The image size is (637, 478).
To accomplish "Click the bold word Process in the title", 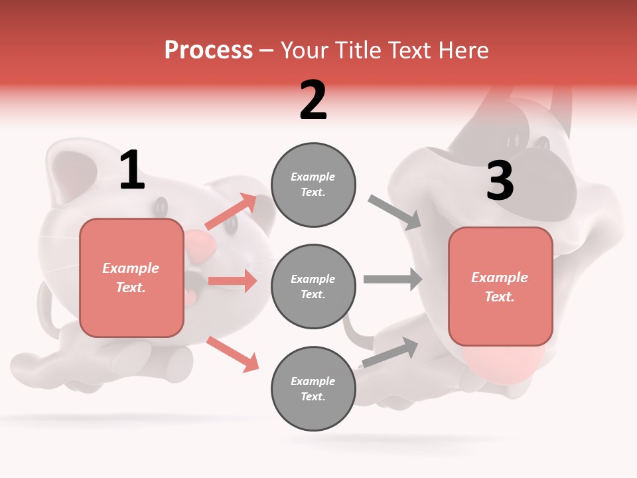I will (x=208, y=50).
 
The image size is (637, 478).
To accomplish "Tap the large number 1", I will (x=132, y=170).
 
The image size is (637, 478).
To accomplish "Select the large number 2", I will (x=313, y=100).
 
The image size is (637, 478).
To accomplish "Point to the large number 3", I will (x=500, y=181).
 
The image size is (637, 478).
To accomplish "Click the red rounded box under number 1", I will (x=131, y=278).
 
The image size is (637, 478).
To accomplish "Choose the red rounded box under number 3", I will (x=500, y=286).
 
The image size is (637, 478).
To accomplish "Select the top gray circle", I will (x=313, y=185).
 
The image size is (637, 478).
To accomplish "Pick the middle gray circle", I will (x=313, y=286).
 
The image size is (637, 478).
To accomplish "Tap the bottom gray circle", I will (x=313, y=388).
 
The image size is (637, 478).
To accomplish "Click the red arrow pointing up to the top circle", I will (x=231, y=212).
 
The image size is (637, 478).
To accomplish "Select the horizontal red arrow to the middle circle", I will (x=232, y=281).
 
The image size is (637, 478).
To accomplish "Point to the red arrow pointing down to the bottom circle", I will (x=232, y=354).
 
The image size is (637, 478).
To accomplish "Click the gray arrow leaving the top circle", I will (x=395, y=212).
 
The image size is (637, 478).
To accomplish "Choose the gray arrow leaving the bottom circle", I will (x=390, y=352).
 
